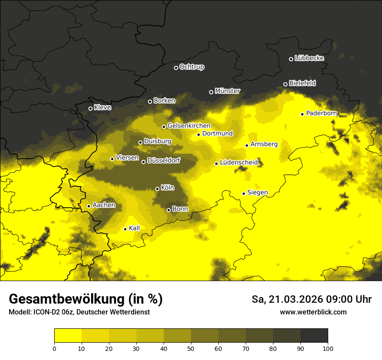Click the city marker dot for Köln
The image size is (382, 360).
pos(157,189)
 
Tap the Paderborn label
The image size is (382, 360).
pos(322,113)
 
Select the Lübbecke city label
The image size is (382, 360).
pos(309,58)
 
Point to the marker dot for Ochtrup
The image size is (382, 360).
pos(176,68)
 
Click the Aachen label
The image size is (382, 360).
pos(104,205)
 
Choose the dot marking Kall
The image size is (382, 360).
pos(125,229)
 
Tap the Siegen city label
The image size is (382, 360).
pos(257,193)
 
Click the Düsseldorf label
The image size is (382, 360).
pos(164,161)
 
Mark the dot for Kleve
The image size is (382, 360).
pos(90,108)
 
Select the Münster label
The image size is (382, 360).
pos(227,91)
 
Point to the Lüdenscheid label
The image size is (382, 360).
pos(239,163)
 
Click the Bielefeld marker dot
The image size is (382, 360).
pos(285,84)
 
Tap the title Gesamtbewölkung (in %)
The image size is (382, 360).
pos(86,299)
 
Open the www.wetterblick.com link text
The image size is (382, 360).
pos(313,312)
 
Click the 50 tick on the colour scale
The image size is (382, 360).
pos(191,348)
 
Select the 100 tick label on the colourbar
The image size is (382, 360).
pos(328,348)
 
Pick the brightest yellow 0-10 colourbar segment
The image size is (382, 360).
pos(68,335)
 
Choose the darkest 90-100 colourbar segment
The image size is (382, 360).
pos(314,335)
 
